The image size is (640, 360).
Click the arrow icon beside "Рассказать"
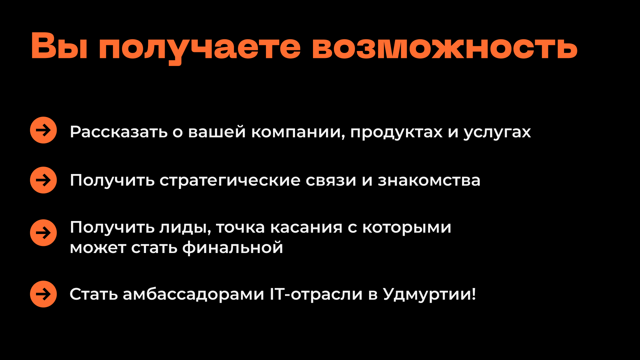(x=43, y=130)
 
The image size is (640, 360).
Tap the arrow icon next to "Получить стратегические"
(x=43, y=180)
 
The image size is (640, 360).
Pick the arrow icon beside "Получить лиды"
(x=43, y=233)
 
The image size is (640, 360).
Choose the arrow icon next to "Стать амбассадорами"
(x=43, y=294)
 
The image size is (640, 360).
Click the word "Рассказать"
(x=119, y=132)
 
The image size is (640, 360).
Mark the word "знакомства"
(x=429, y=180)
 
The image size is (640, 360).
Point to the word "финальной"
(x=233, y=248)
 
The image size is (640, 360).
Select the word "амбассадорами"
(x=193, y=294)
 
